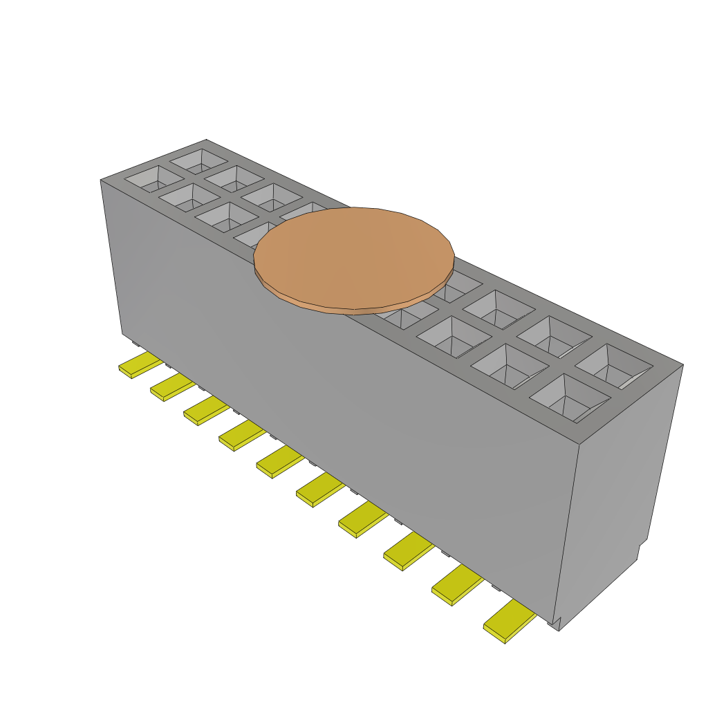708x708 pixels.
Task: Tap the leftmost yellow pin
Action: click(x=140, y=364)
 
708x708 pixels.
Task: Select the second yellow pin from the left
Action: click(x=172, y=388)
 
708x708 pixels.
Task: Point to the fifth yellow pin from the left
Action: click(x=279, y=462)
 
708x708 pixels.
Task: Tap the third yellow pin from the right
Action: click(x=408, y=550)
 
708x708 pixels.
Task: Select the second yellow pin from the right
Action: click(x=457, y=584)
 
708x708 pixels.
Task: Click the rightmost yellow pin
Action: click(x=510, y=621)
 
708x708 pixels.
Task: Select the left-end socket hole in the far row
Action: click(x=199, y=161)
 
